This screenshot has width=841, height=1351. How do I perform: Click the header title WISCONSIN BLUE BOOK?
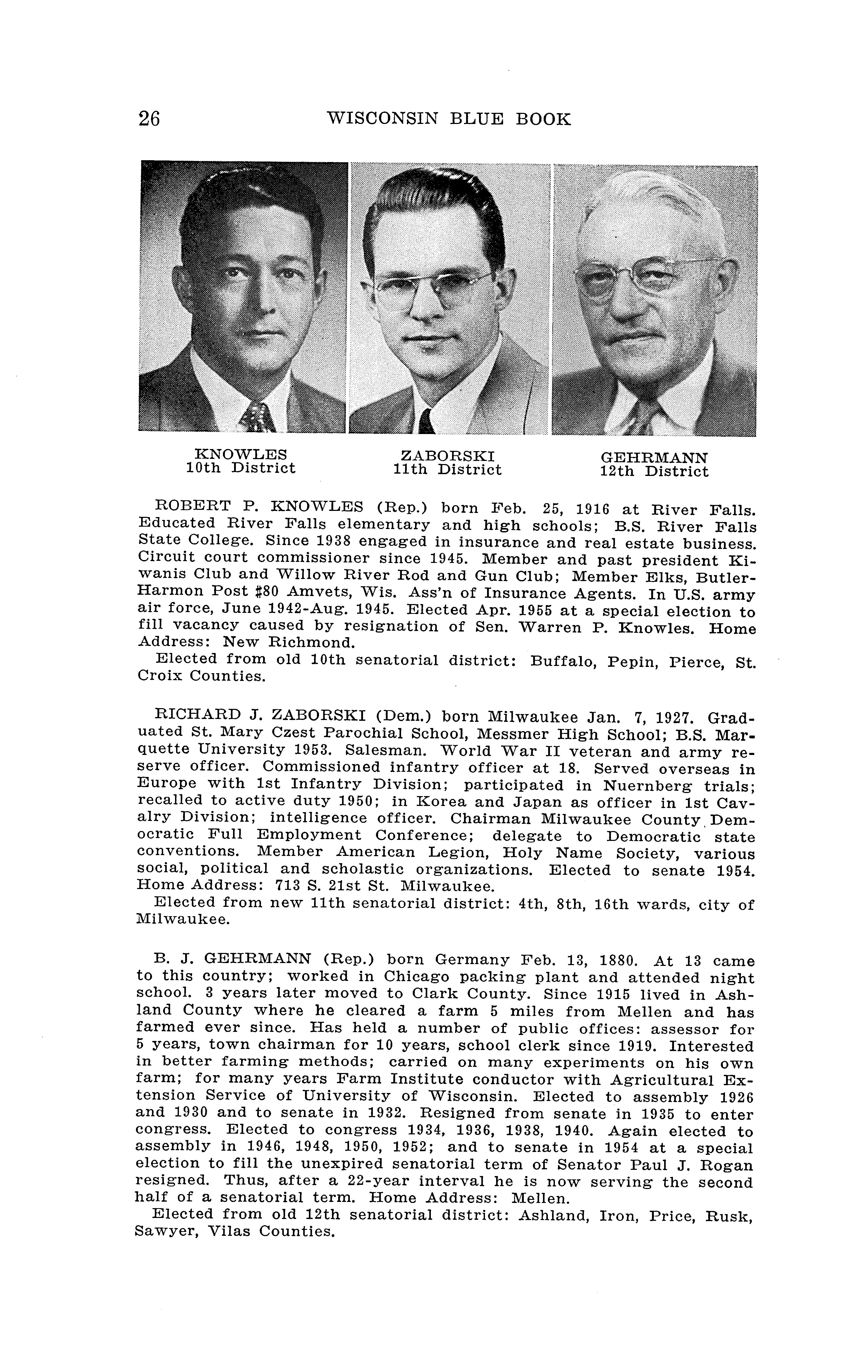point(448,119)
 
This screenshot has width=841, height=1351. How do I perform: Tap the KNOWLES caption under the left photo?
point(240,455)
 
